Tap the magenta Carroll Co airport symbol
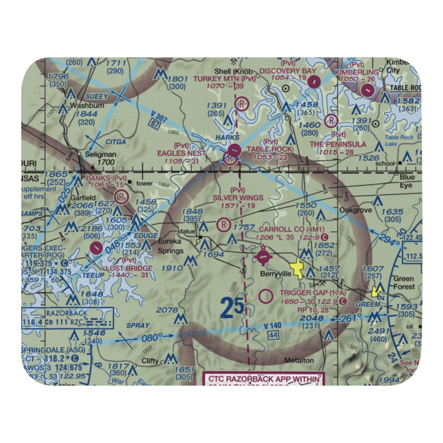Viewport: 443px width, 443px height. click(x=263, y=256)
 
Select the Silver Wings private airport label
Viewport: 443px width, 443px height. click(x=237, y=198)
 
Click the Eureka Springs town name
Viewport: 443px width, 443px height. click(x=171, y=247)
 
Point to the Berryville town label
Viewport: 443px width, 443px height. click(x=275, y=274)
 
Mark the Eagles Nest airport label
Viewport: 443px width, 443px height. click(x=181, y=153)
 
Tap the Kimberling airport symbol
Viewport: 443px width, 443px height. click(x=367, y=90)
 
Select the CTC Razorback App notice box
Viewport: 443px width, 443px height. click(x=264, y=379)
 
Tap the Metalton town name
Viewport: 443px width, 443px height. click(x=299, y=360)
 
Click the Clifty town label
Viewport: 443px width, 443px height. click(x=150, y=361)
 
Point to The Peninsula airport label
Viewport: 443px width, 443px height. click(x=338, y=144)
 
